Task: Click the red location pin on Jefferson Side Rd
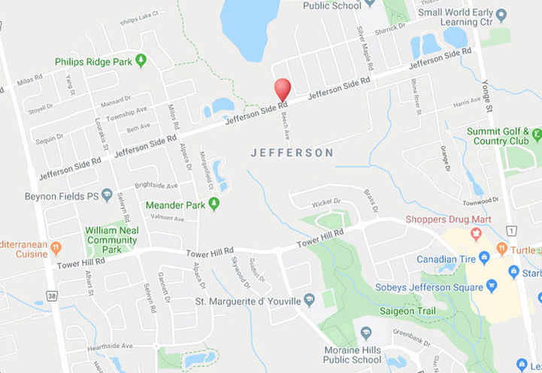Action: click(x=283, y=89)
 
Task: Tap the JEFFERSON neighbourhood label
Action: click(x=292, y=153)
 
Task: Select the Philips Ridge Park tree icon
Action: click(x=141, y=61)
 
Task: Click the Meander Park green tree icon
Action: click(x=213, y=204)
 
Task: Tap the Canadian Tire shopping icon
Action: click(x=484, y=258)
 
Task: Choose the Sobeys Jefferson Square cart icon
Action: click(x=492, y=286)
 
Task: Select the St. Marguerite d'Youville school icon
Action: click(x=309, y=300)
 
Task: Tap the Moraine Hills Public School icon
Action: click(x=365, y=332)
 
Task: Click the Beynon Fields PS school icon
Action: click(x=107, y=195)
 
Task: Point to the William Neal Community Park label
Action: click(x=111, y=239)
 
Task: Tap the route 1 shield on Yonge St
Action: click(x=511, y=229)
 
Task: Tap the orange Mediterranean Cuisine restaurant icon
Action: click(x=56, y=247)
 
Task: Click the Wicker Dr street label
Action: click(x=326, y=202)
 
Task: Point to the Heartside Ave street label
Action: click(x=110, y=345)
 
